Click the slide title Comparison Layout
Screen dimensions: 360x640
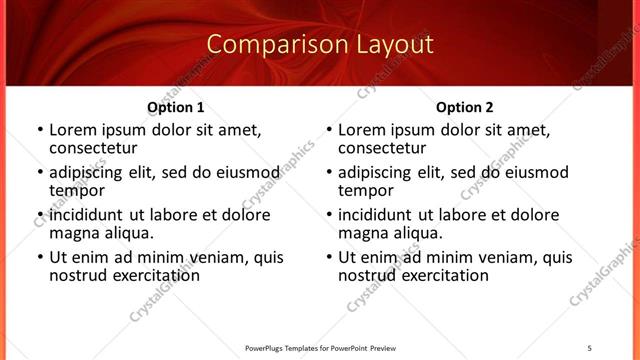(x=320, y=45)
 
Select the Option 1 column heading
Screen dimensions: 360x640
(x=176, y=107)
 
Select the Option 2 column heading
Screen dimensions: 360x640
(x=465, y=107)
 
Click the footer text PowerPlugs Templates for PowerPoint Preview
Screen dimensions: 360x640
(x=321, y=348)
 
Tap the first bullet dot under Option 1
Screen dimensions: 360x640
(x=39, y=131)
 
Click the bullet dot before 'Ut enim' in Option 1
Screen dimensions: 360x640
(x=39, y=257)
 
